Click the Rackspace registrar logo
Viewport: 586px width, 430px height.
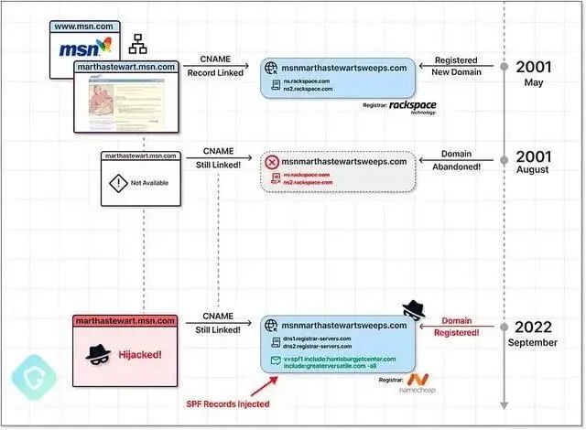[x=412, y=107]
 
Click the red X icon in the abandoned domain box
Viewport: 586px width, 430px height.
[x=271, y=162]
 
